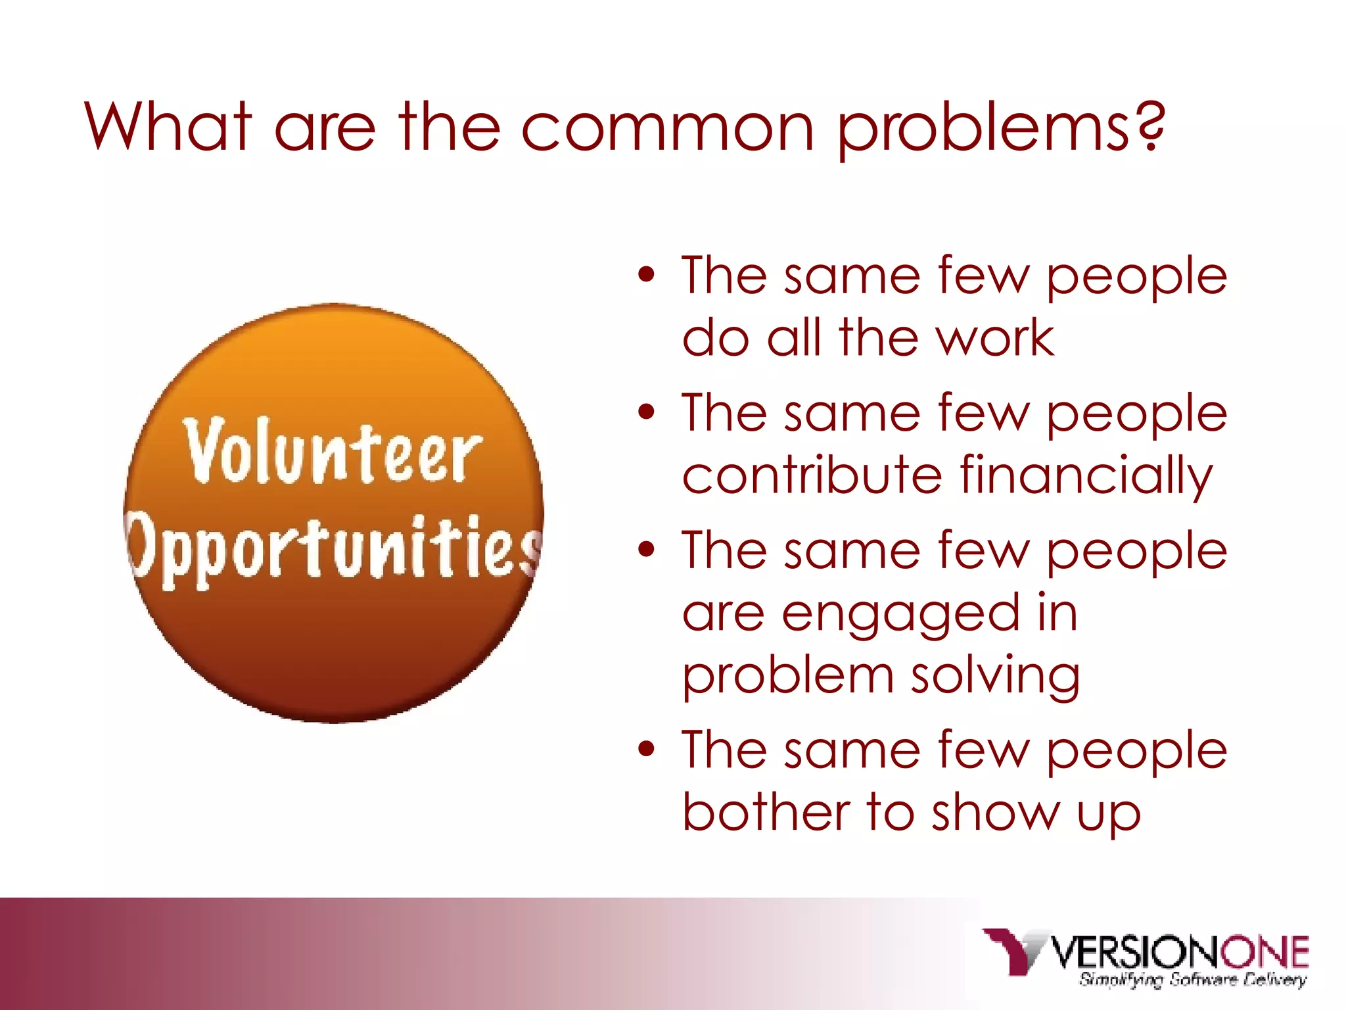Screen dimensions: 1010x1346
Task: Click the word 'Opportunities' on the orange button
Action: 335,549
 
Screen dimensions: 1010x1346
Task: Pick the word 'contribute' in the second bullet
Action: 812,475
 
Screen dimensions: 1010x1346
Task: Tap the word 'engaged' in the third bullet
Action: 898,614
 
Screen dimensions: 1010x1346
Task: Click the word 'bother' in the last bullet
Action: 766,813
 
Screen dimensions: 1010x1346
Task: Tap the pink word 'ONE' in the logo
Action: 1265,951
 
